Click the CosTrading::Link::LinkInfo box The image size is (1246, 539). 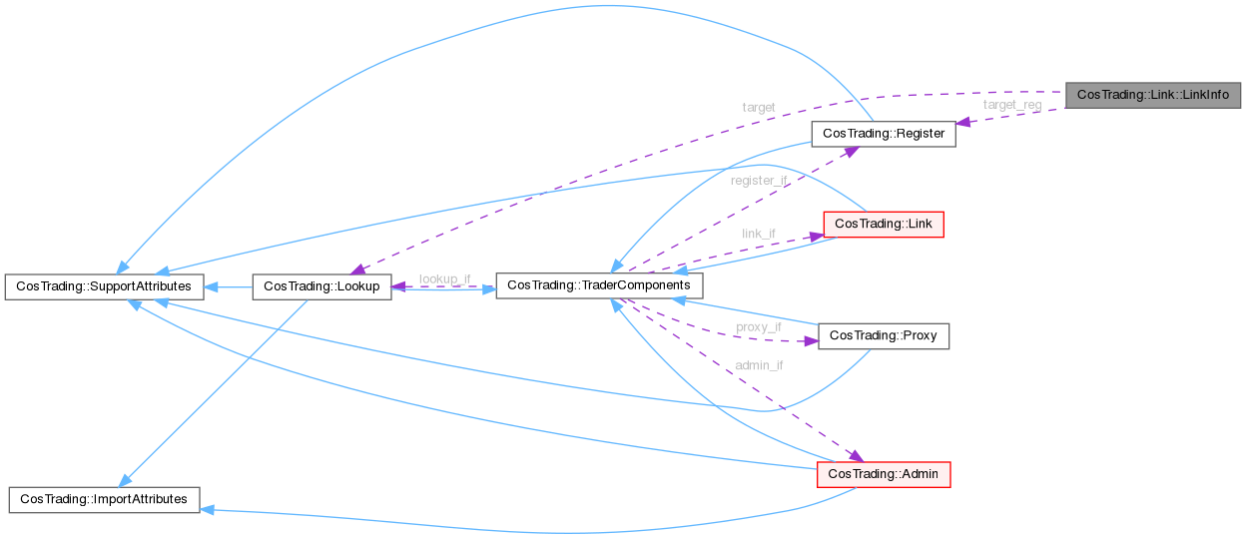pyautogui.click(x=1153, y=96)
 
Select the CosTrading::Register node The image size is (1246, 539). pyautogui.click(x=883, y=133)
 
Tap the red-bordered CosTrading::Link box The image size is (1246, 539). pyautogui.click(x=882, y=224)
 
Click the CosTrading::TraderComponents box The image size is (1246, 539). pyautogui.click(x=599, y=285)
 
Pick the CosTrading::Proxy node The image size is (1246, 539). pyautogui.click(x=883, y=335)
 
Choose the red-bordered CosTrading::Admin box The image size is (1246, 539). pyautogui.click(x=883, y=474)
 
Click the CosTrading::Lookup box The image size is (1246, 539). pyautogui.click(x=321, y=286)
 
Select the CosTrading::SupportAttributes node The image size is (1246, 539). pyautogui.click(x=105, y=286)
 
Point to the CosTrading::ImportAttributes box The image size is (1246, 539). pyautogui.click(x=104, y=499)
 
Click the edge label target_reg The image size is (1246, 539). pyautogui.click(x=1011, y=104)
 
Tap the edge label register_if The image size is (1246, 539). pyautogui.click(x=759, y=181)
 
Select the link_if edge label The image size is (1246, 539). pyautogui.click(x=759, y=234)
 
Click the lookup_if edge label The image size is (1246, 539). pyautogui.click(x=444, y=278)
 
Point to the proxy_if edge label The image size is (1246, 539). pyautogui.click(x=759, y=326)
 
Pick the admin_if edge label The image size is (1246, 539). pyautogui.click(x=759, y=365)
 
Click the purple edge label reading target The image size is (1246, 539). pyautogui.click(x=759, y=106)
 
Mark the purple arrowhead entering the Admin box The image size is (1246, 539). pyautogui.click(x=856, y=456)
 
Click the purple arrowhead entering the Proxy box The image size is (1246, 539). pyautogui.click(x=810, y=340)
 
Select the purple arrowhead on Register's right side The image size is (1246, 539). pyautogui.click(x=963, y=123)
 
